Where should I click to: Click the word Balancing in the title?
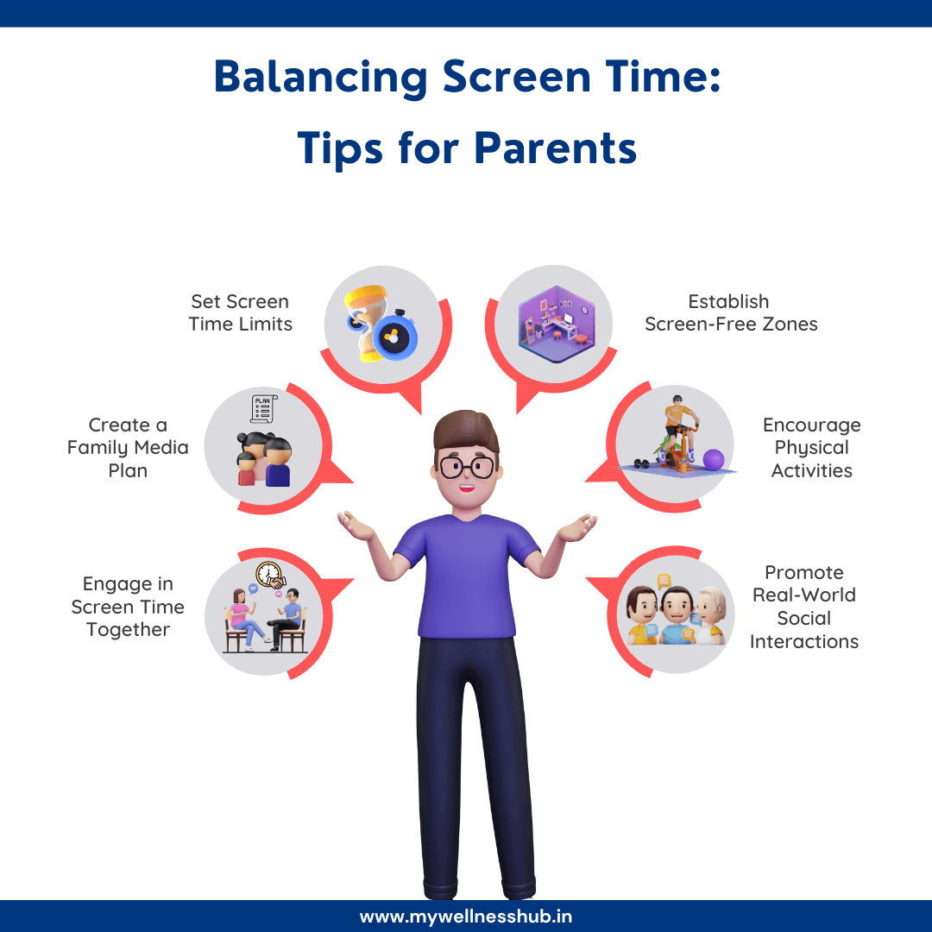coord(320,78)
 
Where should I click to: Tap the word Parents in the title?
coord(555,148)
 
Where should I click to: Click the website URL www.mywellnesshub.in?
coord(466,916)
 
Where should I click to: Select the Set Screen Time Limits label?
coord(241,313)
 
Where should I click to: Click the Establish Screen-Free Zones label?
coord(730,313)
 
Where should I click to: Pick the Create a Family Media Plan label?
coord(128,448)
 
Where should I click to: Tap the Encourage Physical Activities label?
coord(811,448)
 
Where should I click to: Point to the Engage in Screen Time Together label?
coord(128,607)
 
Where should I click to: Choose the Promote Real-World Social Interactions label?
coord(803,607)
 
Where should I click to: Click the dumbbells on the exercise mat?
coord(643,463)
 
